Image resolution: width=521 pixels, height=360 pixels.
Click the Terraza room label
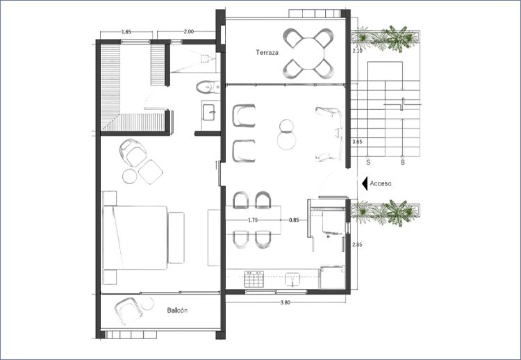coord(267,53)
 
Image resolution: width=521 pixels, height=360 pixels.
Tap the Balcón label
coord(177,310)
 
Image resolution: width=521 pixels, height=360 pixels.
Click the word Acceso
coord(381,183)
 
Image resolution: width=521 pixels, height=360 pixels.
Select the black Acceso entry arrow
coord(365,183)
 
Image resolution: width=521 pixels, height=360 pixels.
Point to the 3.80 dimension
coord(285,302)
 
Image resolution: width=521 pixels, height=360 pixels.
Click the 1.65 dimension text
coord(126,32)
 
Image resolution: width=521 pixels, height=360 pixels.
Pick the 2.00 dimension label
coord(188,32)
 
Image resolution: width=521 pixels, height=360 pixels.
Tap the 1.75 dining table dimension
coord(253,220)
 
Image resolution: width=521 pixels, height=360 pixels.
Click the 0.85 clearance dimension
coord(294,220)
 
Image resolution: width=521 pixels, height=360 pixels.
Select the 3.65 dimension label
coord(357,142)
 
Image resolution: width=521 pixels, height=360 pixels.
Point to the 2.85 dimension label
coord(357,245)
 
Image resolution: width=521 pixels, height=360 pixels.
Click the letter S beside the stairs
coord(368,163)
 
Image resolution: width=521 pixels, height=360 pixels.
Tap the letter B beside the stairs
coord(403,163)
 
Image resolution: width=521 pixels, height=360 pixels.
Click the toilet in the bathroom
coord(208,87)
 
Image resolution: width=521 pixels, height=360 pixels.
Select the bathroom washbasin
coord(209,113)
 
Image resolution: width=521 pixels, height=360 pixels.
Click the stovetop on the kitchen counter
coord(254,279)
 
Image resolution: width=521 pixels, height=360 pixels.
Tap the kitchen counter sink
coord(292,279)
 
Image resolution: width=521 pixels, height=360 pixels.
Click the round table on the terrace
coord(308,54)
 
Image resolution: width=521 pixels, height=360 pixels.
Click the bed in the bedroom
coord(135,238)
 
